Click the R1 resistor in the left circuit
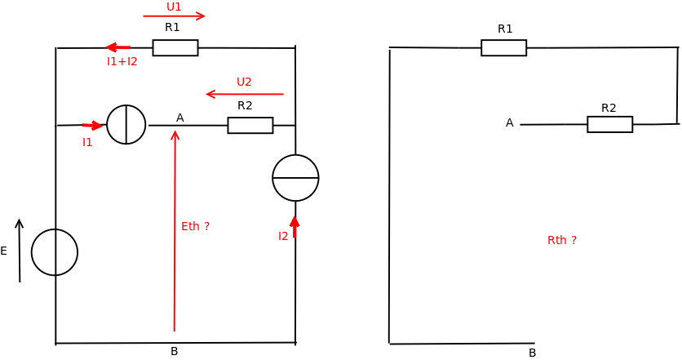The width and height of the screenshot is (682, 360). (175, 48)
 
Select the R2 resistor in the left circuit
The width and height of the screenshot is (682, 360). (250, 126)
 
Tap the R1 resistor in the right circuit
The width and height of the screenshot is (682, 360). (503, 48)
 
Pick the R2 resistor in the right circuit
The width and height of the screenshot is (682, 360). (609, 125)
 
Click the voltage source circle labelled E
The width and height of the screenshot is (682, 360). (55, 252)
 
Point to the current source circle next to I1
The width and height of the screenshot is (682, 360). (126, 125)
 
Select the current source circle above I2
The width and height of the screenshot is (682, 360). (295, 178)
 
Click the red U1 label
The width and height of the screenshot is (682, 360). (174, 7)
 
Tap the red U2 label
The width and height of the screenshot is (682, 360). (244, 82)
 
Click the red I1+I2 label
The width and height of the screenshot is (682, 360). (122, 61)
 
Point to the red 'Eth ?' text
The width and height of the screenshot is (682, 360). (195, 226)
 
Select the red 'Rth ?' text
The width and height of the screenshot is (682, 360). (562, 240)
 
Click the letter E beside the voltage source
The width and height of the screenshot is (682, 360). (4, 251)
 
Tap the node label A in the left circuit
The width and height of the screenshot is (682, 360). (180, 118)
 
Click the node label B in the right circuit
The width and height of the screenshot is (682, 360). (533, 353)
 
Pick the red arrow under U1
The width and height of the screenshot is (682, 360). (174, 16)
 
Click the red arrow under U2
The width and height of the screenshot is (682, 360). (245, 94)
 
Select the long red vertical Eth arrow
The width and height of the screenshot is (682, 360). (175, 229)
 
